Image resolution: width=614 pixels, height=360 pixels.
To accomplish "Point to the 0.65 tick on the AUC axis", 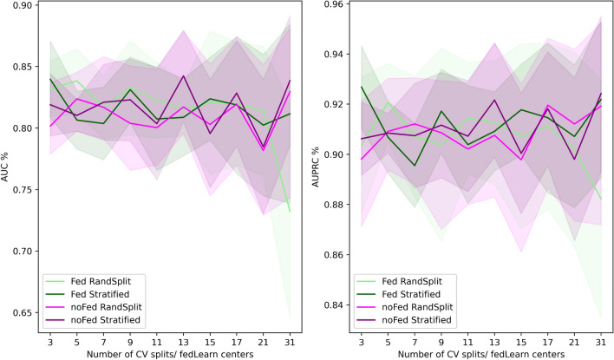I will pos(20,312).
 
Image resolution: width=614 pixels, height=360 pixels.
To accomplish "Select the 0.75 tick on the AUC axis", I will pos(20,190).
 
